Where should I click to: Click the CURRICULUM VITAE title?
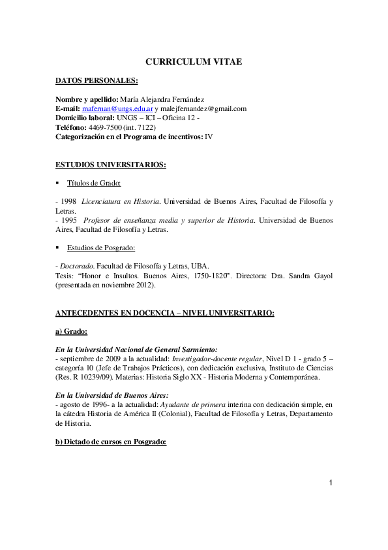[193, 61]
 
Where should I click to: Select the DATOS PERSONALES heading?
[97, 80]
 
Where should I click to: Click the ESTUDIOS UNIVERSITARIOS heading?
[111, 165]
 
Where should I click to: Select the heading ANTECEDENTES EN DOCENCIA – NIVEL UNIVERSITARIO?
[165, 313]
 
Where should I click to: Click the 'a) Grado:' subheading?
[72, 332]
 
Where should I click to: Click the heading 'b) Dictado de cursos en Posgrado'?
[111, 442]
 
